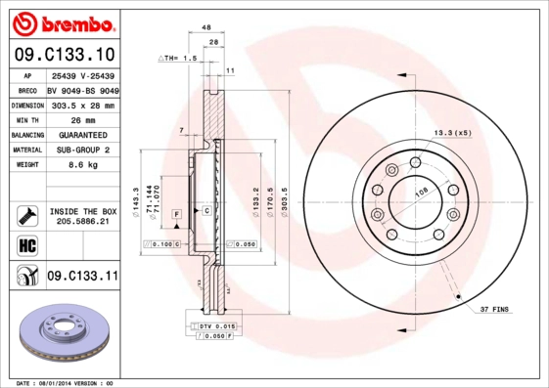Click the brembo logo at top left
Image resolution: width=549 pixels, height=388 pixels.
(x=62, y=22)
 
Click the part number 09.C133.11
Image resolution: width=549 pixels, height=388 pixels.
(x=82, y=277)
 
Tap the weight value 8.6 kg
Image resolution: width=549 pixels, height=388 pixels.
(x=82, y=166)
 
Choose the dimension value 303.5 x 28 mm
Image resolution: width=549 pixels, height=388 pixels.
(x=82, y=104)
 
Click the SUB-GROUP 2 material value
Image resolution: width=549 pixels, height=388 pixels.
(x=82, y=151)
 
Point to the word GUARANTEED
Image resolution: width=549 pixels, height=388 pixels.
(x=82, y=134)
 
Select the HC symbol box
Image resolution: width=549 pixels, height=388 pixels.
(x=26, y=243)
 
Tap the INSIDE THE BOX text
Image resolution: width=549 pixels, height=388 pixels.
(x=82, y=211)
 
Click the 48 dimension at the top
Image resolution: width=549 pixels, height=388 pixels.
(x=206, y=29)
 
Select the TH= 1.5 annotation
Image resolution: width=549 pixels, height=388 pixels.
(x=178, y=59)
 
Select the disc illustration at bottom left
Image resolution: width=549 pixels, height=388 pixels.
(x=62, y=335)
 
